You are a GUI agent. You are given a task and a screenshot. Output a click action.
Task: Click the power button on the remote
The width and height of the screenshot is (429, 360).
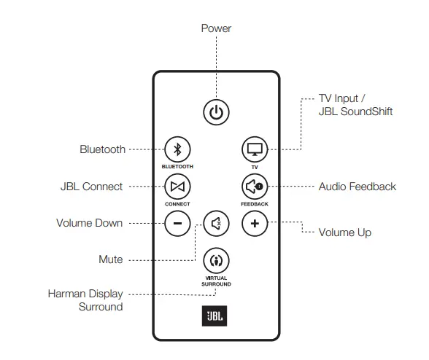coord(215,112)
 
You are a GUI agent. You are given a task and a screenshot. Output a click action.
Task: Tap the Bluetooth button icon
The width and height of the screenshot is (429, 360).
coord(177,150)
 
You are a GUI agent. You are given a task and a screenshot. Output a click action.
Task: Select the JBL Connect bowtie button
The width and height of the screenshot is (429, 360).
coord(177,187)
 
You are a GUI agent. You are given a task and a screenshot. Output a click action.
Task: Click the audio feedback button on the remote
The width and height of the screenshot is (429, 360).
coord(255,187)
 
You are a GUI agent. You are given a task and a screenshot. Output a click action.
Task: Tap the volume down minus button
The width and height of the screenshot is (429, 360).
coord(177,223)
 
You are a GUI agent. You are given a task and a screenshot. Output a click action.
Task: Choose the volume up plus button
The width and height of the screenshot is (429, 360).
coord(255,223)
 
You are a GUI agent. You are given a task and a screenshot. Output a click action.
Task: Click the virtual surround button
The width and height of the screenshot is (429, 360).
coord(215,259)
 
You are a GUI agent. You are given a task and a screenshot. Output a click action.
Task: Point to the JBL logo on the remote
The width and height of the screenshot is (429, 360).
coord(215,318)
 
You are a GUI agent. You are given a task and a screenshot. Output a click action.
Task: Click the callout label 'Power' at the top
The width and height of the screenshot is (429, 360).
coord(216,28)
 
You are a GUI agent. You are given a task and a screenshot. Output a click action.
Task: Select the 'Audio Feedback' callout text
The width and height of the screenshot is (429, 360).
coord(357,187)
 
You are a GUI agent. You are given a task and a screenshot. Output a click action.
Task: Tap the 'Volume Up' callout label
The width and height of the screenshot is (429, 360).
coord(344,232)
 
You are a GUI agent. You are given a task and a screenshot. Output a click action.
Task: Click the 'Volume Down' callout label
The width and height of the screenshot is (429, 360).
coord(89,223)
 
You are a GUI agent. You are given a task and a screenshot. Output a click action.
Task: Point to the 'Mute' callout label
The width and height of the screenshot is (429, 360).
coord(110,259)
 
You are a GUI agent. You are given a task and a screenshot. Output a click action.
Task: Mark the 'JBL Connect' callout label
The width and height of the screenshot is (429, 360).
coord(91,187)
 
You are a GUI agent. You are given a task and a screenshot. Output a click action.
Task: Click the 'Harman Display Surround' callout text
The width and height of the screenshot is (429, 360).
coord(85,300)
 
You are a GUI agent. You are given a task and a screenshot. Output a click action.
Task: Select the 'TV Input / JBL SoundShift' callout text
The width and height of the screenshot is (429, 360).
coord(355,105)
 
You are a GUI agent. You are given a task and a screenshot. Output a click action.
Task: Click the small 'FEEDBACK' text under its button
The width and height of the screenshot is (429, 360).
coord(255,204)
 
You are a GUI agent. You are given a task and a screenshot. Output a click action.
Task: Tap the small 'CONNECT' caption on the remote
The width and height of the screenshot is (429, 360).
coord(177,204)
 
